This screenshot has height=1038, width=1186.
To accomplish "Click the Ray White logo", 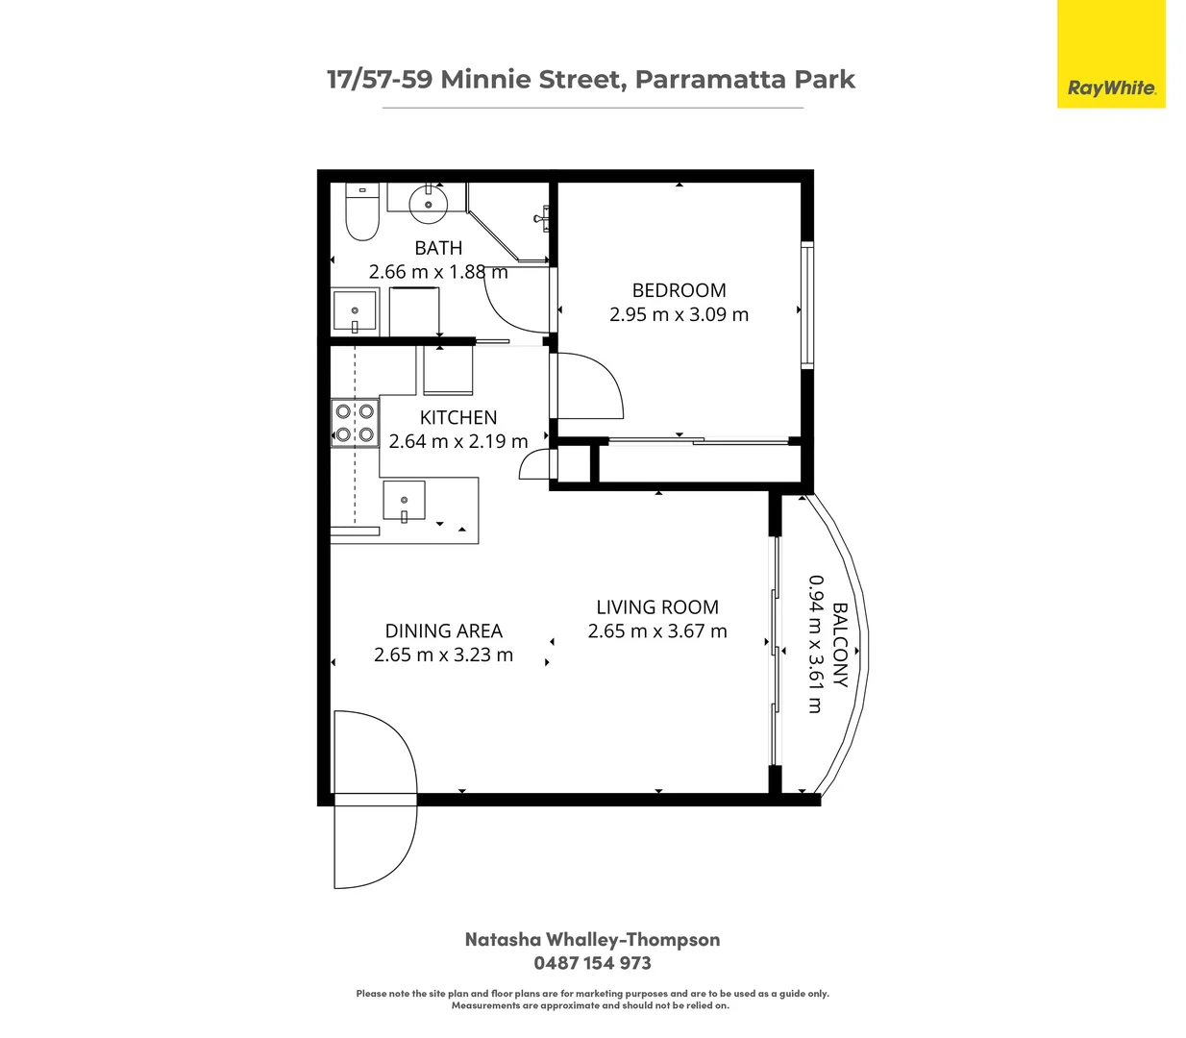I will [1111, 87].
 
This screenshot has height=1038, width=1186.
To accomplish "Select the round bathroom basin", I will [428, 204].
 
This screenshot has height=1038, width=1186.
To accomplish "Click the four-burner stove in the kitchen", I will [355, 423].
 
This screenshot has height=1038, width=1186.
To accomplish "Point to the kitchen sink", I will [405, 502].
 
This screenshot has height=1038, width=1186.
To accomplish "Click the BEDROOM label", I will [679, 290].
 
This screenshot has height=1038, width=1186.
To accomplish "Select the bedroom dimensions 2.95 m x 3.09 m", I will [679, 314].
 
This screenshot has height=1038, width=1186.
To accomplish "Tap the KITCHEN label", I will [458, 417].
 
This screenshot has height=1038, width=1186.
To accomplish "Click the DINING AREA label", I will [443, 630].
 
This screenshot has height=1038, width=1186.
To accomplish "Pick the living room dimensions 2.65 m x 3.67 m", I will [657, 631].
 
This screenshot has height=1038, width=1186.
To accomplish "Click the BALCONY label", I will [840, 644].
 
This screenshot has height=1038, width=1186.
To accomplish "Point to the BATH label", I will [438, 248].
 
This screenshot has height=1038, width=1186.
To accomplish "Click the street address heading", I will [591, 80].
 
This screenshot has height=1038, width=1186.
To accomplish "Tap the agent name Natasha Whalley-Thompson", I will [592, 940].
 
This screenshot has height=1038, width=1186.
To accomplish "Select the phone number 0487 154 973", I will [592, 963].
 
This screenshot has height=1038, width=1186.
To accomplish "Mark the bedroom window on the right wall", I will [807, 306].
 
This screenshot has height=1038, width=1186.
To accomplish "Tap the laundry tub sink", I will [355, 310].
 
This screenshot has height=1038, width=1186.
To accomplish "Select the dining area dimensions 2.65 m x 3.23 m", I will [443, 655].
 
